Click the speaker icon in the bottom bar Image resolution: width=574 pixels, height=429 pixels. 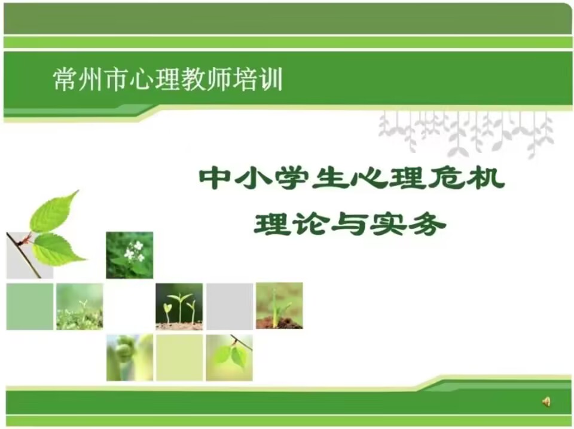coord(546,402)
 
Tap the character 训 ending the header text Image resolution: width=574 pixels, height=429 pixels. coord(271,79)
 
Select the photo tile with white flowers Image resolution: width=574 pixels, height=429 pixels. coord(130,255)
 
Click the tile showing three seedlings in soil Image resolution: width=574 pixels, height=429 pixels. coord(179,307)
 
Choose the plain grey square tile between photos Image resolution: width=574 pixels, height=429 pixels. coord(230,307)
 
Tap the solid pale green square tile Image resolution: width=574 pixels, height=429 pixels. coord(30,307)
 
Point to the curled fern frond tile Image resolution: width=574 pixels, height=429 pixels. coord(130,357)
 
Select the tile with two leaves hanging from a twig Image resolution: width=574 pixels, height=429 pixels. coord(229,357)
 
